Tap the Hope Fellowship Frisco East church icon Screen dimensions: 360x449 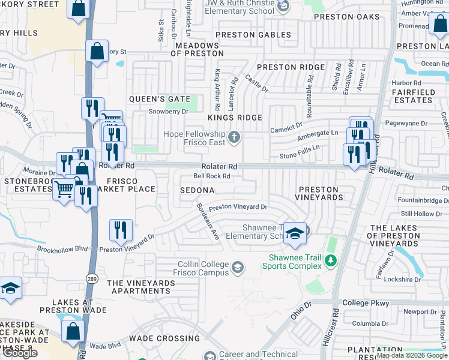(234, 139)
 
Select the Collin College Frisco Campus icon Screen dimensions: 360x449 (238, 267)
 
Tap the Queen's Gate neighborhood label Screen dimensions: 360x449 (160, 99)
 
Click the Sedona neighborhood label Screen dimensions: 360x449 (197, 190)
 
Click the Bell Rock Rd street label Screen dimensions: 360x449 (212, 176)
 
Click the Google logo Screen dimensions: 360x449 (20, 353)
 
